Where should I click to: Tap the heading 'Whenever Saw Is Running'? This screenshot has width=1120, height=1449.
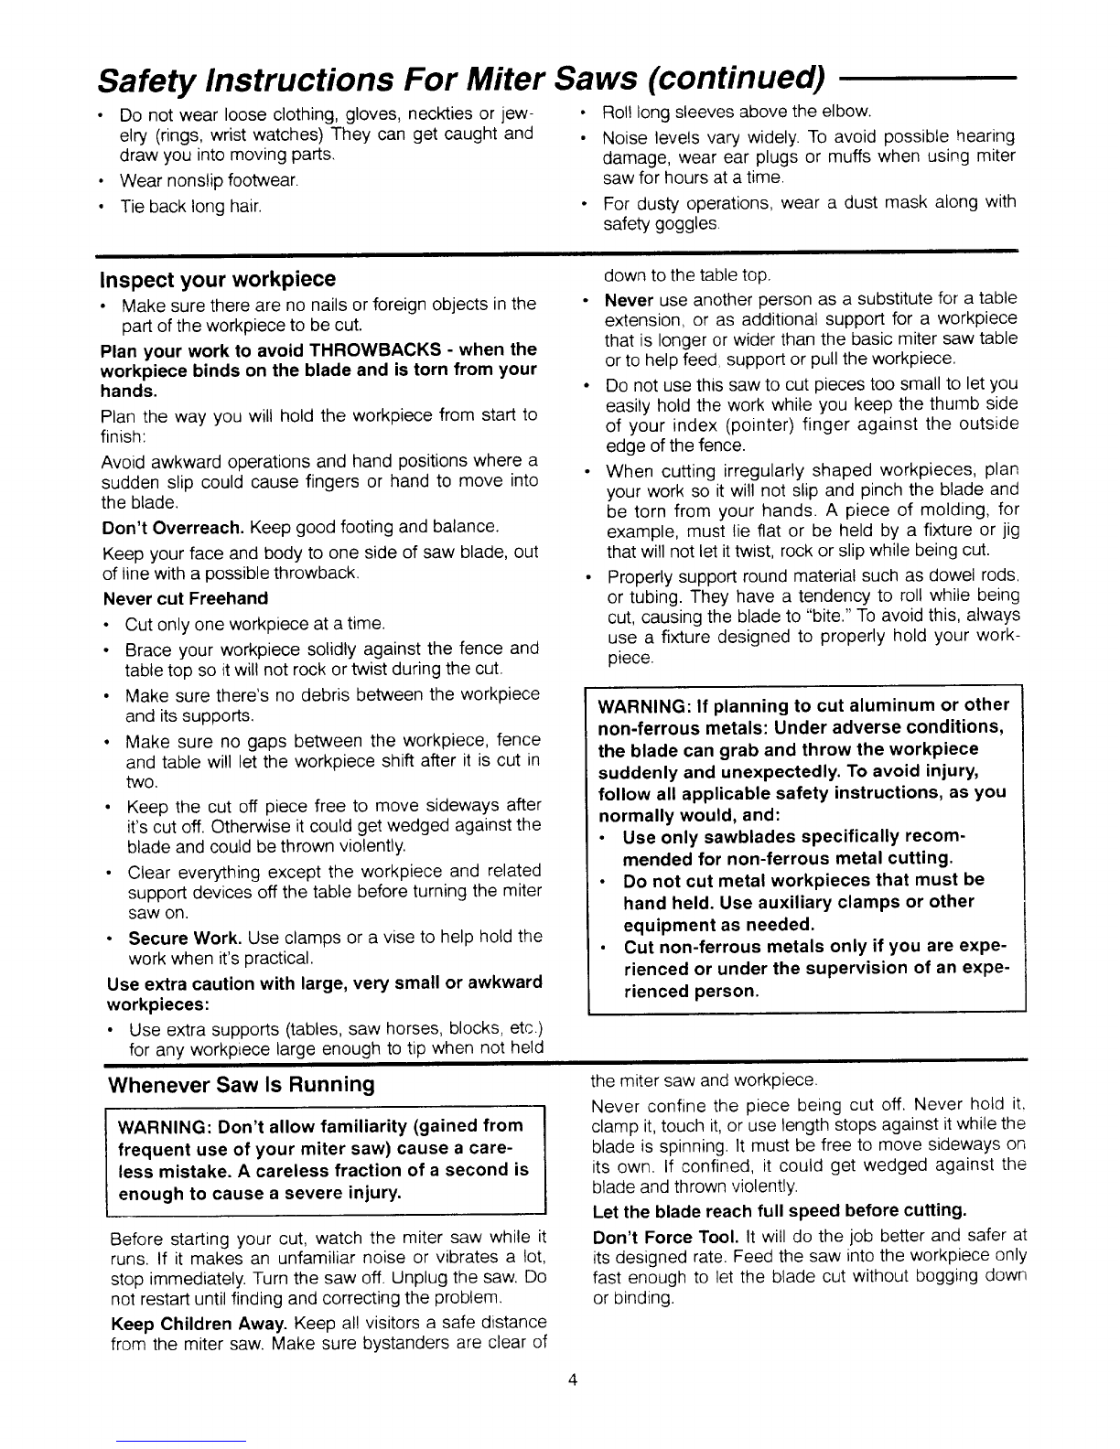242,1085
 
